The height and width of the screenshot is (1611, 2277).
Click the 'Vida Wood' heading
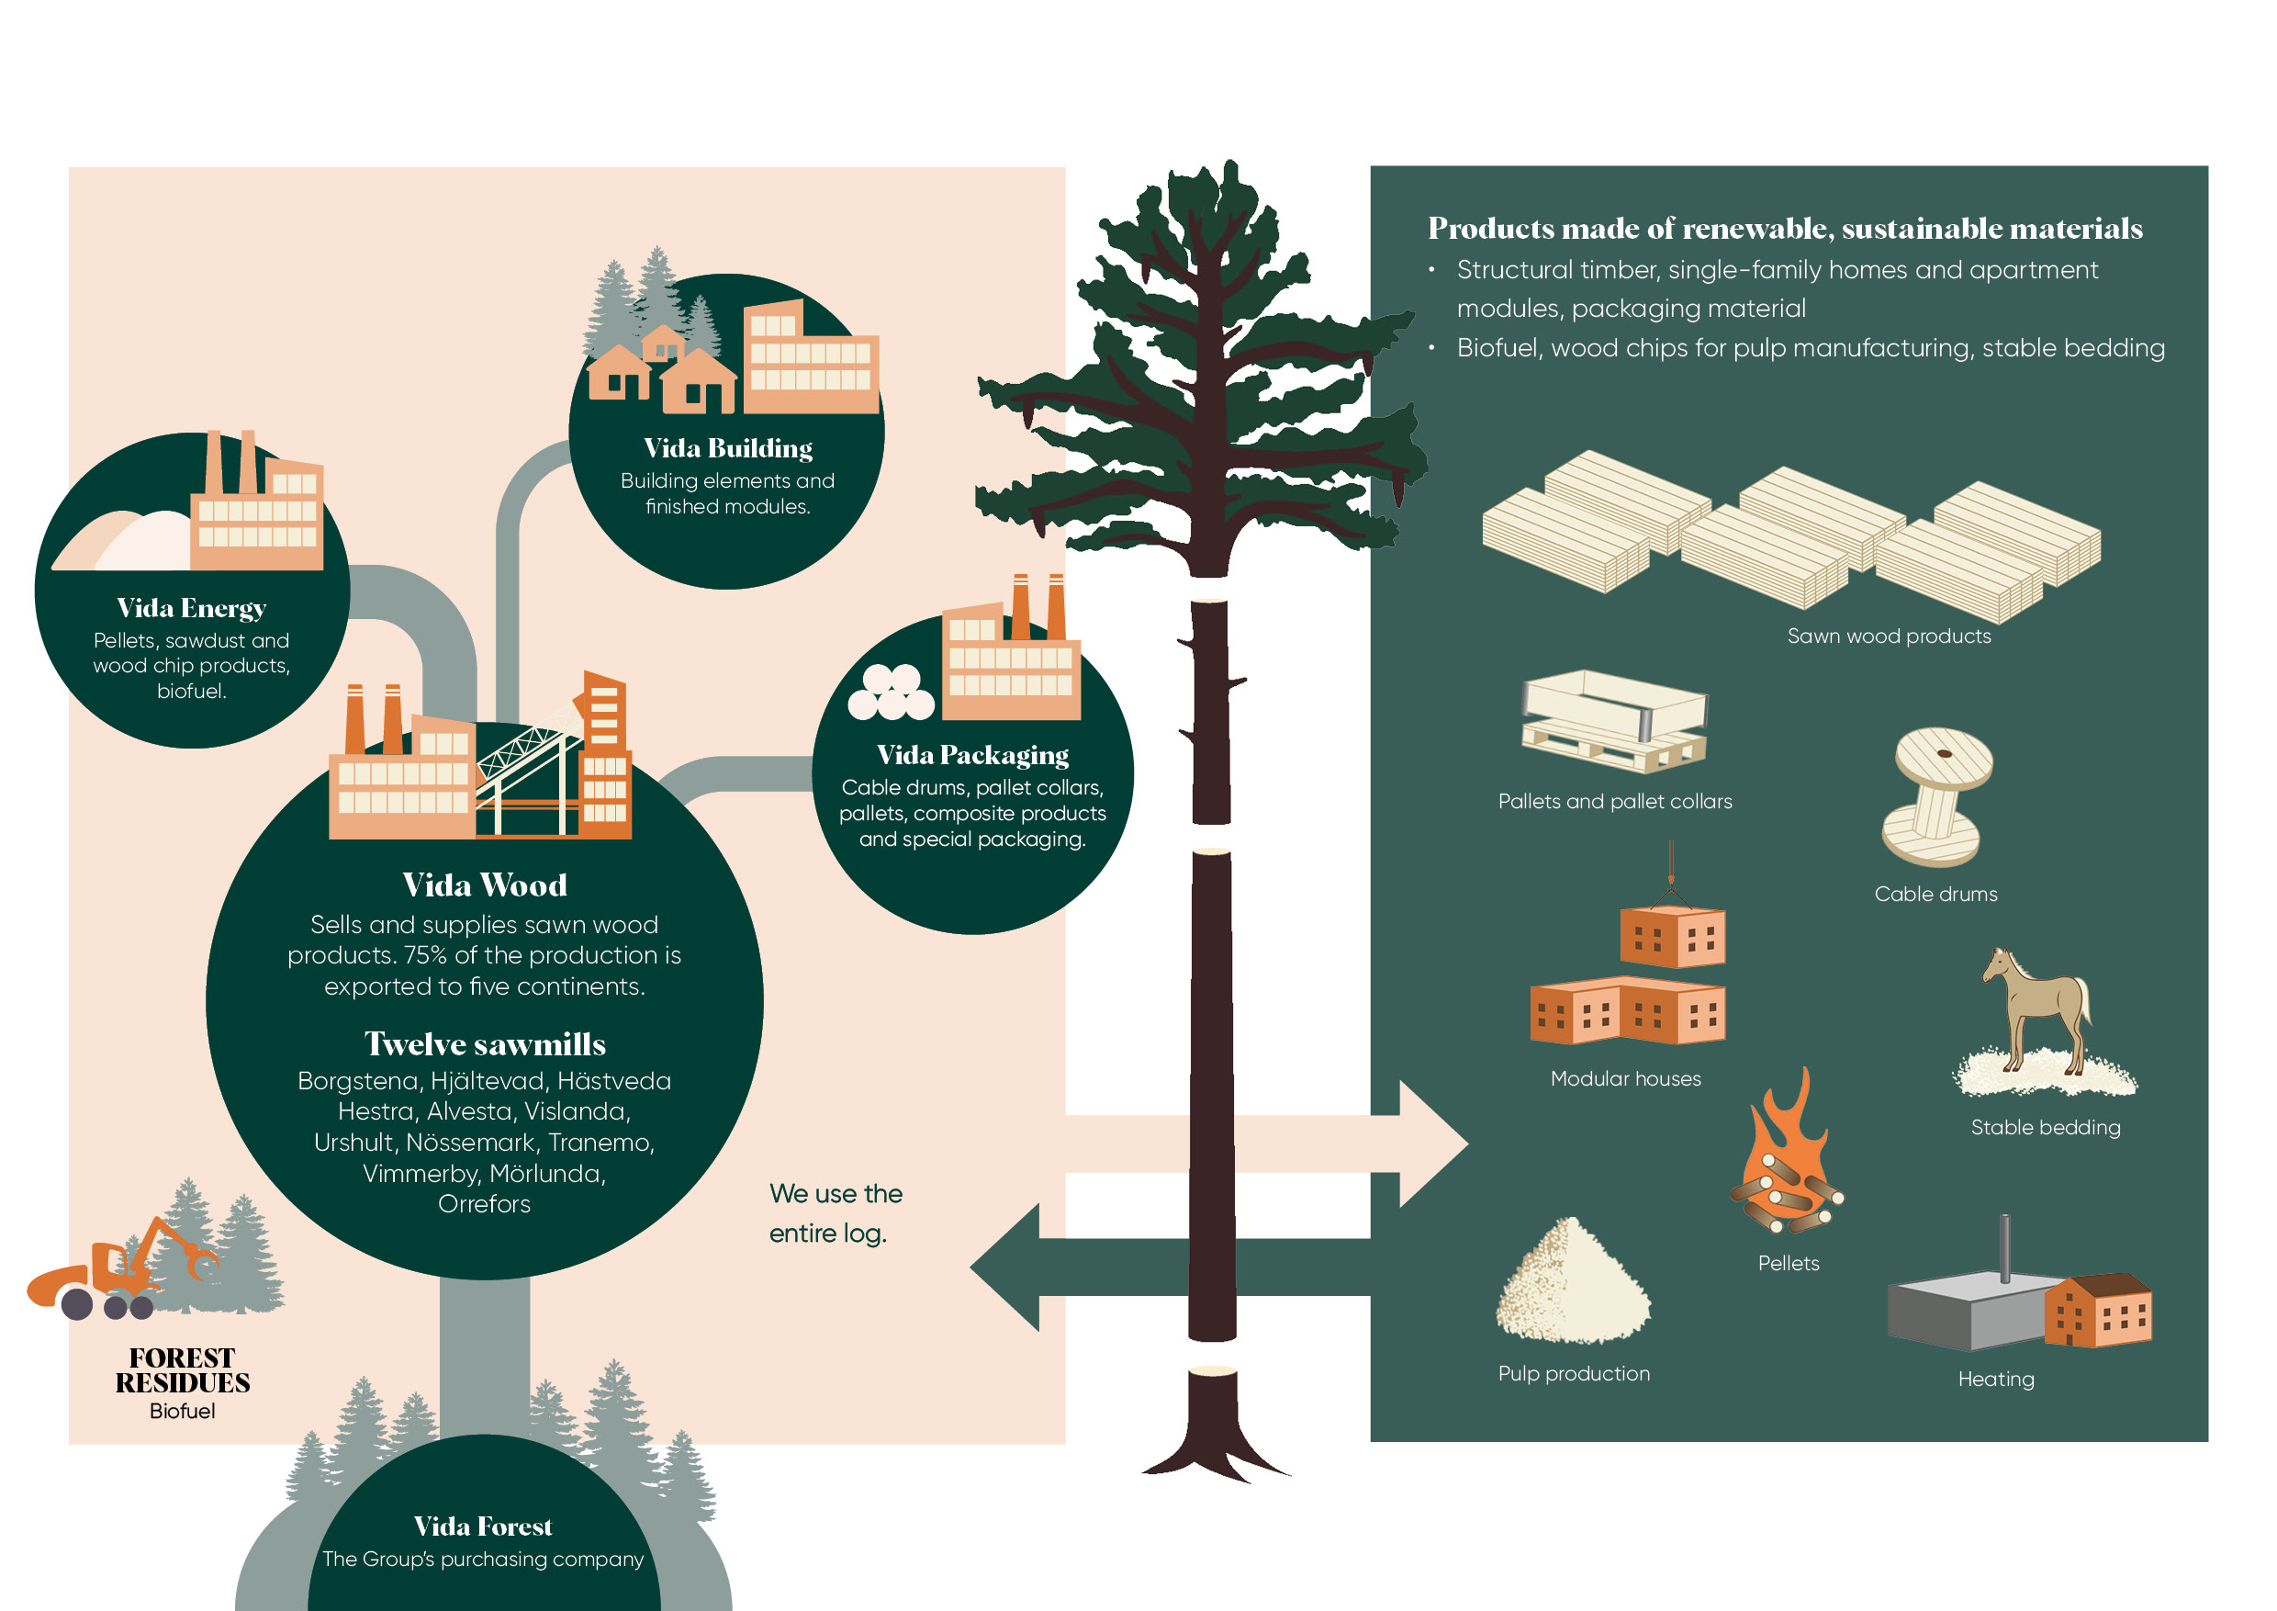pyautogui.click(x=485, y=884)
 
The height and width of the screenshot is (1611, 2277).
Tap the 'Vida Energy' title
pyautogui.click(x=191, y=608)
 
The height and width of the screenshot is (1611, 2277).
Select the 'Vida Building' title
pyautogui.click(x=728, y=448)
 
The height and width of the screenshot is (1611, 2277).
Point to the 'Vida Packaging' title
pyautogui.click(x=973, y=756)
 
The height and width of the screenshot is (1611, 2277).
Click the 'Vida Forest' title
pyautogui.click(x=483, y=1526)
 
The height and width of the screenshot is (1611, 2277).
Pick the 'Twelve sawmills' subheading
pyautogui.click(x=485, y=1043)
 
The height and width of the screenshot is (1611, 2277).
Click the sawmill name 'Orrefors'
pyautogui.click(x=484, y=1204)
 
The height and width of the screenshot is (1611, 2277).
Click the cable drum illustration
pyautogui.click(x=1937, y=796)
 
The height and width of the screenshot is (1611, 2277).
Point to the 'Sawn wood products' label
pyautogui.click(x=1889, y=637)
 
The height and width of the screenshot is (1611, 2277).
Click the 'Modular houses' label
pyautogui.click(x=1625, y=1079)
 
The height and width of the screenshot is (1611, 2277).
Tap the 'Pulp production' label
pyautogui.click(x=1574, y=1374)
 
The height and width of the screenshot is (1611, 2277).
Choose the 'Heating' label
pyautogui.click(x=1995, y=1379)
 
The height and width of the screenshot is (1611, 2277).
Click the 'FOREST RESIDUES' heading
pyautogui.click(x=183, y=1370)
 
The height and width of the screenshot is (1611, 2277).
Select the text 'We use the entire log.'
pyautogui.click(x=835, y=1213)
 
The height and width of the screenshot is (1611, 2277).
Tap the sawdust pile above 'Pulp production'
pyautogui.click(x=1573, y=1280)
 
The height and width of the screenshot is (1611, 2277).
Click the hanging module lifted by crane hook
pyautogui.click(x=1672, y=935)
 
